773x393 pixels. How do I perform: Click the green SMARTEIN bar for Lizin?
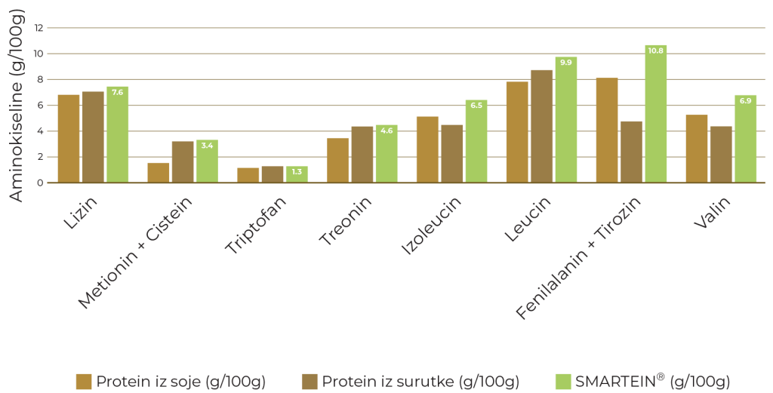click(x=117, y=134)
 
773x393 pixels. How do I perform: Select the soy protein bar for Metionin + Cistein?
click(x=159, y=173)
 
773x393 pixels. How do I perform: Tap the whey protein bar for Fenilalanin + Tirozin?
click(x=632, y=152)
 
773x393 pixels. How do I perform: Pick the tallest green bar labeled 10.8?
click(x=656, y=114)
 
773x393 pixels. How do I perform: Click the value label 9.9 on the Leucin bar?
click(x=566, y=63)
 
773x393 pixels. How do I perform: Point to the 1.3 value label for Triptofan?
click(x=297, y=172)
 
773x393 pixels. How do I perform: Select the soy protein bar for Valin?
click(x=697, y=149)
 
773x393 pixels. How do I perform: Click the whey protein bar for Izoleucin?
click(x=452, y=154)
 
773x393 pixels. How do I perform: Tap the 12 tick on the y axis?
click(x=39, y=28)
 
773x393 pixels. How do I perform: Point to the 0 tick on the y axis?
click(x=40, y=183)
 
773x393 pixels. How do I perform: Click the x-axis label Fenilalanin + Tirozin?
click(x=578, y=257)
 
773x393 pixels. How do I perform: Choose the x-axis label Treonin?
click(x=346, y=220)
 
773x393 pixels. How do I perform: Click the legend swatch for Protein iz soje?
click(x=84, y=382)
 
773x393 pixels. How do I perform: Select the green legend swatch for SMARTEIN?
click(x=563, y=382)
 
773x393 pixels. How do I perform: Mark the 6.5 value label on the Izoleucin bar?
click(x=476, y=106)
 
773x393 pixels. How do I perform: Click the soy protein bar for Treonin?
click(x=337, y=161)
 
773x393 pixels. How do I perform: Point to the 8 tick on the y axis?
click(x=41, y=79)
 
